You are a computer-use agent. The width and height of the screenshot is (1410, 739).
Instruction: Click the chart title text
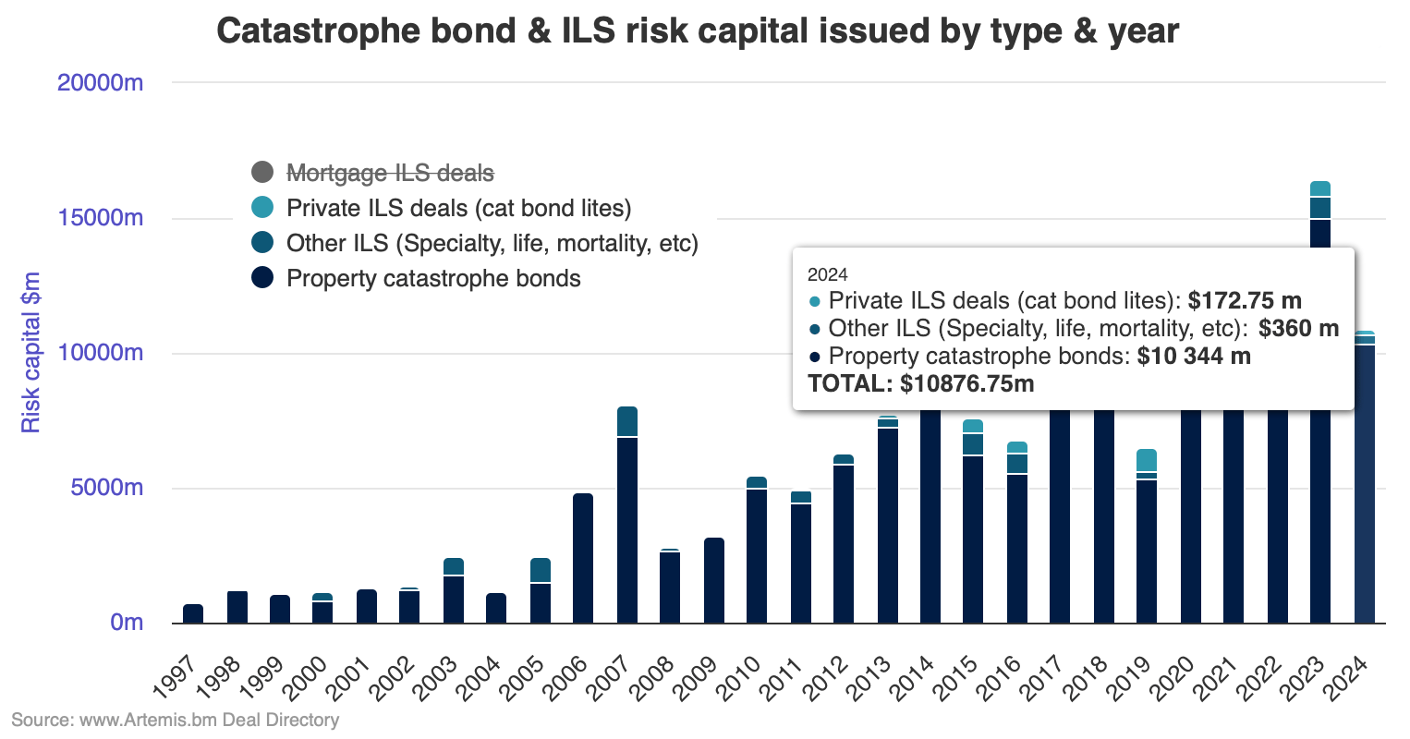pyautogui.click(x=698, y=31)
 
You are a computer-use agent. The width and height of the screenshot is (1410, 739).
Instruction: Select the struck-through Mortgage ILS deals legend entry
pyautogui.click(x=390, y=173)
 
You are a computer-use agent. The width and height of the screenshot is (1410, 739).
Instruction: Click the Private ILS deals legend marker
pyautogui.click(x=262, y=208)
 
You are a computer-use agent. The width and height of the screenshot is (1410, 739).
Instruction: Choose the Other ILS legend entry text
pyautogui.click(x=492, y=243)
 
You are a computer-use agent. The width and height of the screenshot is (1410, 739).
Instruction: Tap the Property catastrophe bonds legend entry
pyautogui.click(x=432, y=278)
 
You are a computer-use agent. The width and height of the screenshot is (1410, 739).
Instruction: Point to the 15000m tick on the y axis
pyautogui.click(x=101, y=218)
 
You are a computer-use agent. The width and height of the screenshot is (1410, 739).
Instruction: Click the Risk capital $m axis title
pyautogui.click(x=31, y=352)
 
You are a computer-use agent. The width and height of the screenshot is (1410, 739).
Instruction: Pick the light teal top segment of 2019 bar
pyautogui.click(x=1147, y=460)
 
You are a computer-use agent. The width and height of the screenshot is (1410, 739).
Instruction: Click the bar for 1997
pyautogui.click(x=193, y=614)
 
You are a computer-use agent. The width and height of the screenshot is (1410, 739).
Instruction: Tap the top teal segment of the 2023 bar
pyautogui.click(x=1320, y=188)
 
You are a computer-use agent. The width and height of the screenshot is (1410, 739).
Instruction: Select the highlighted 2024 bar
pyautogui.click(x=1365, y=480)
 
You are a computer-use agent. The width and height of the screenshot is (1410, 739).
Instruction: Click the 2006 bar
pyautogui.click(x=583, y=558)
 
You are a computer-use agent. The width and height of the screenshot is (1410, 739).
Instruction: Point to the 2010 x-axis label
pyautogui.click(x=742, y=675)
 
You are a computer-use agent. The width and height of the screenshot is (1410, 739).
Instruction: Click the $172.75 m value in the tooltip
pyautogui.click(x=1245, y=300)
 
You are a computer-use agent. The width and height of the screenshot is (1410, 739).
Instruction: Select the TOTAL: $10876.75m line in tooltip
pyautogui.click(x=920, y=383)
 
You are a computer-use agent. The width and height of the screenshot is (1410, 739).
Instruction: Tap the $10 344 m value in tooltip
pyautogui.click(x=1194, y=357)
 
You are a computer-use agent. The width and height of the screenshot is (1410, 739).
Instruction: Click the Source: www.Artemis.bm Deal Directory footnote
pyautogui.click(x=175, y=720)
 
